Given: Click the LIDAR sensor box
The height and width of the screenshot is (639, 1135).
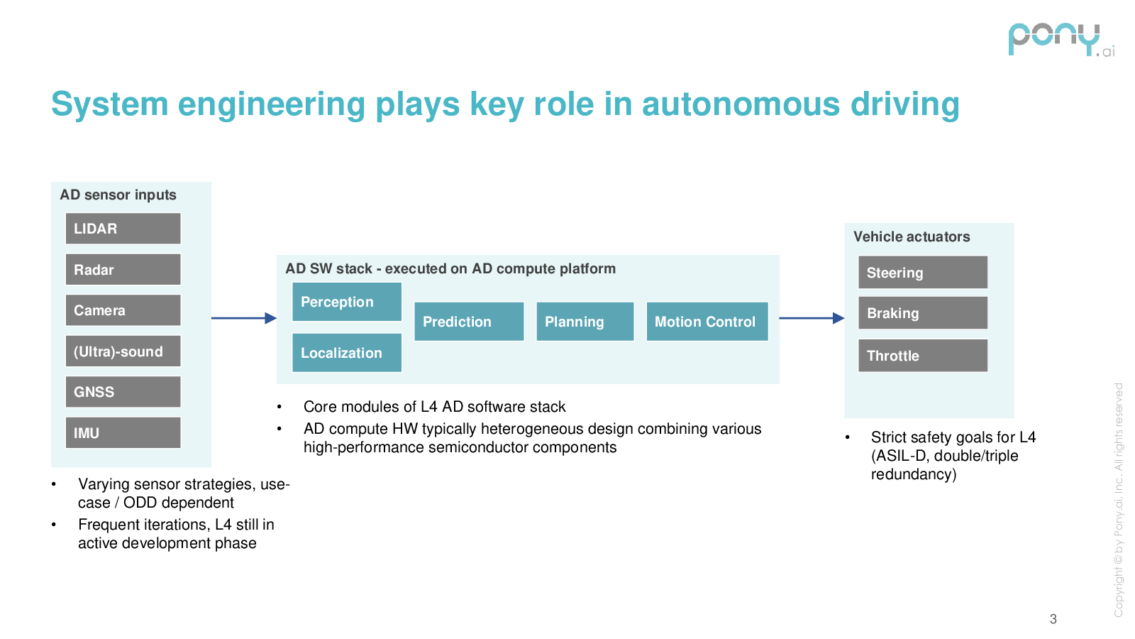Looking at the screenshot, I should (x=123, y=229).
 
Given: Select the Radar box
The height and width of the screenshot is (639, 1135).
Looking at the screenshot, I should (x=123, y=270).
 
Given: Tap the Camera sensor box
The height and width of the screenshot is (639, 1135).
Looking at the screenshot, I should (x=123, y=310).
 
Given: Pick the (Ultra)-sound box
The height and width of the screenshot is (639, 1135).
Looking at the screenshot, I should (x=123, y=351).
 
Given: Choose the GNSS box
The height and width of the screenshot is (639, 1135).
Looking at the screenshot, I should (x=123, y=392).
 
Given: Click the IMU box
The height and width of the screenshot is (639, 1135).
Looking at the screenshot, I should (x=123, y=432).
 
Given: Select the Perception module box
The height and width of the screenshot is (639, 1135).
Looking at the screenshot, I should (x=347, y=302).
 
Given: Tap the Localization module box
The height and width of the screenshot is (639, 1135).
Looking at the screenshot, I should (x=347, y=353).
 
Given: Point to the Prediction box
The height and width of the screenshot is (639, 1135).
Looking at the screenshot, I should (x=469, y=322).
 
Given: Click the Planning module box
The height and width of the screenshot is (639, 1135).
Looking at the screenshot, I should (x=585, y=322).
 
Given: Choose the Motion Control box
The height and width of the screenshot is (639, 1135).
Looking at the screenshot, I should (x=707, y=322).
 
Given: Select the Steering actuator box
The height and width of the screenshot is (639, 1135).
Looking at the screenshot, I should (x=922, y=273).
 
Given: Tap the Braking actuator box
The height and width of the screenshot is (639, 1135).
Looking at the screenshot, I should (x=922, y=313).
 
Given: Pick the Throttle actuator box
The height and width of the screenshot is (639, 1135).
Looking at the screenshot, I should (x=922, y=356).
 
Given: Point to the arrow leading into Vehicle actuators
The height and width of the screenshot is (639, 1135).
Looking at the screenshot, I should (x=812, y=318).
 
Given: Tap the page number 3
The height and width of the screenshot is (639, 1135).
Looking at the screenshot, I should (x=1053, y=619).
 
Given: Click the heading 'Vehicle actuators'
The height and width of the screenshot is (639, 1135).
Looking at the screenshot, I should (x=912, y=237).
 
